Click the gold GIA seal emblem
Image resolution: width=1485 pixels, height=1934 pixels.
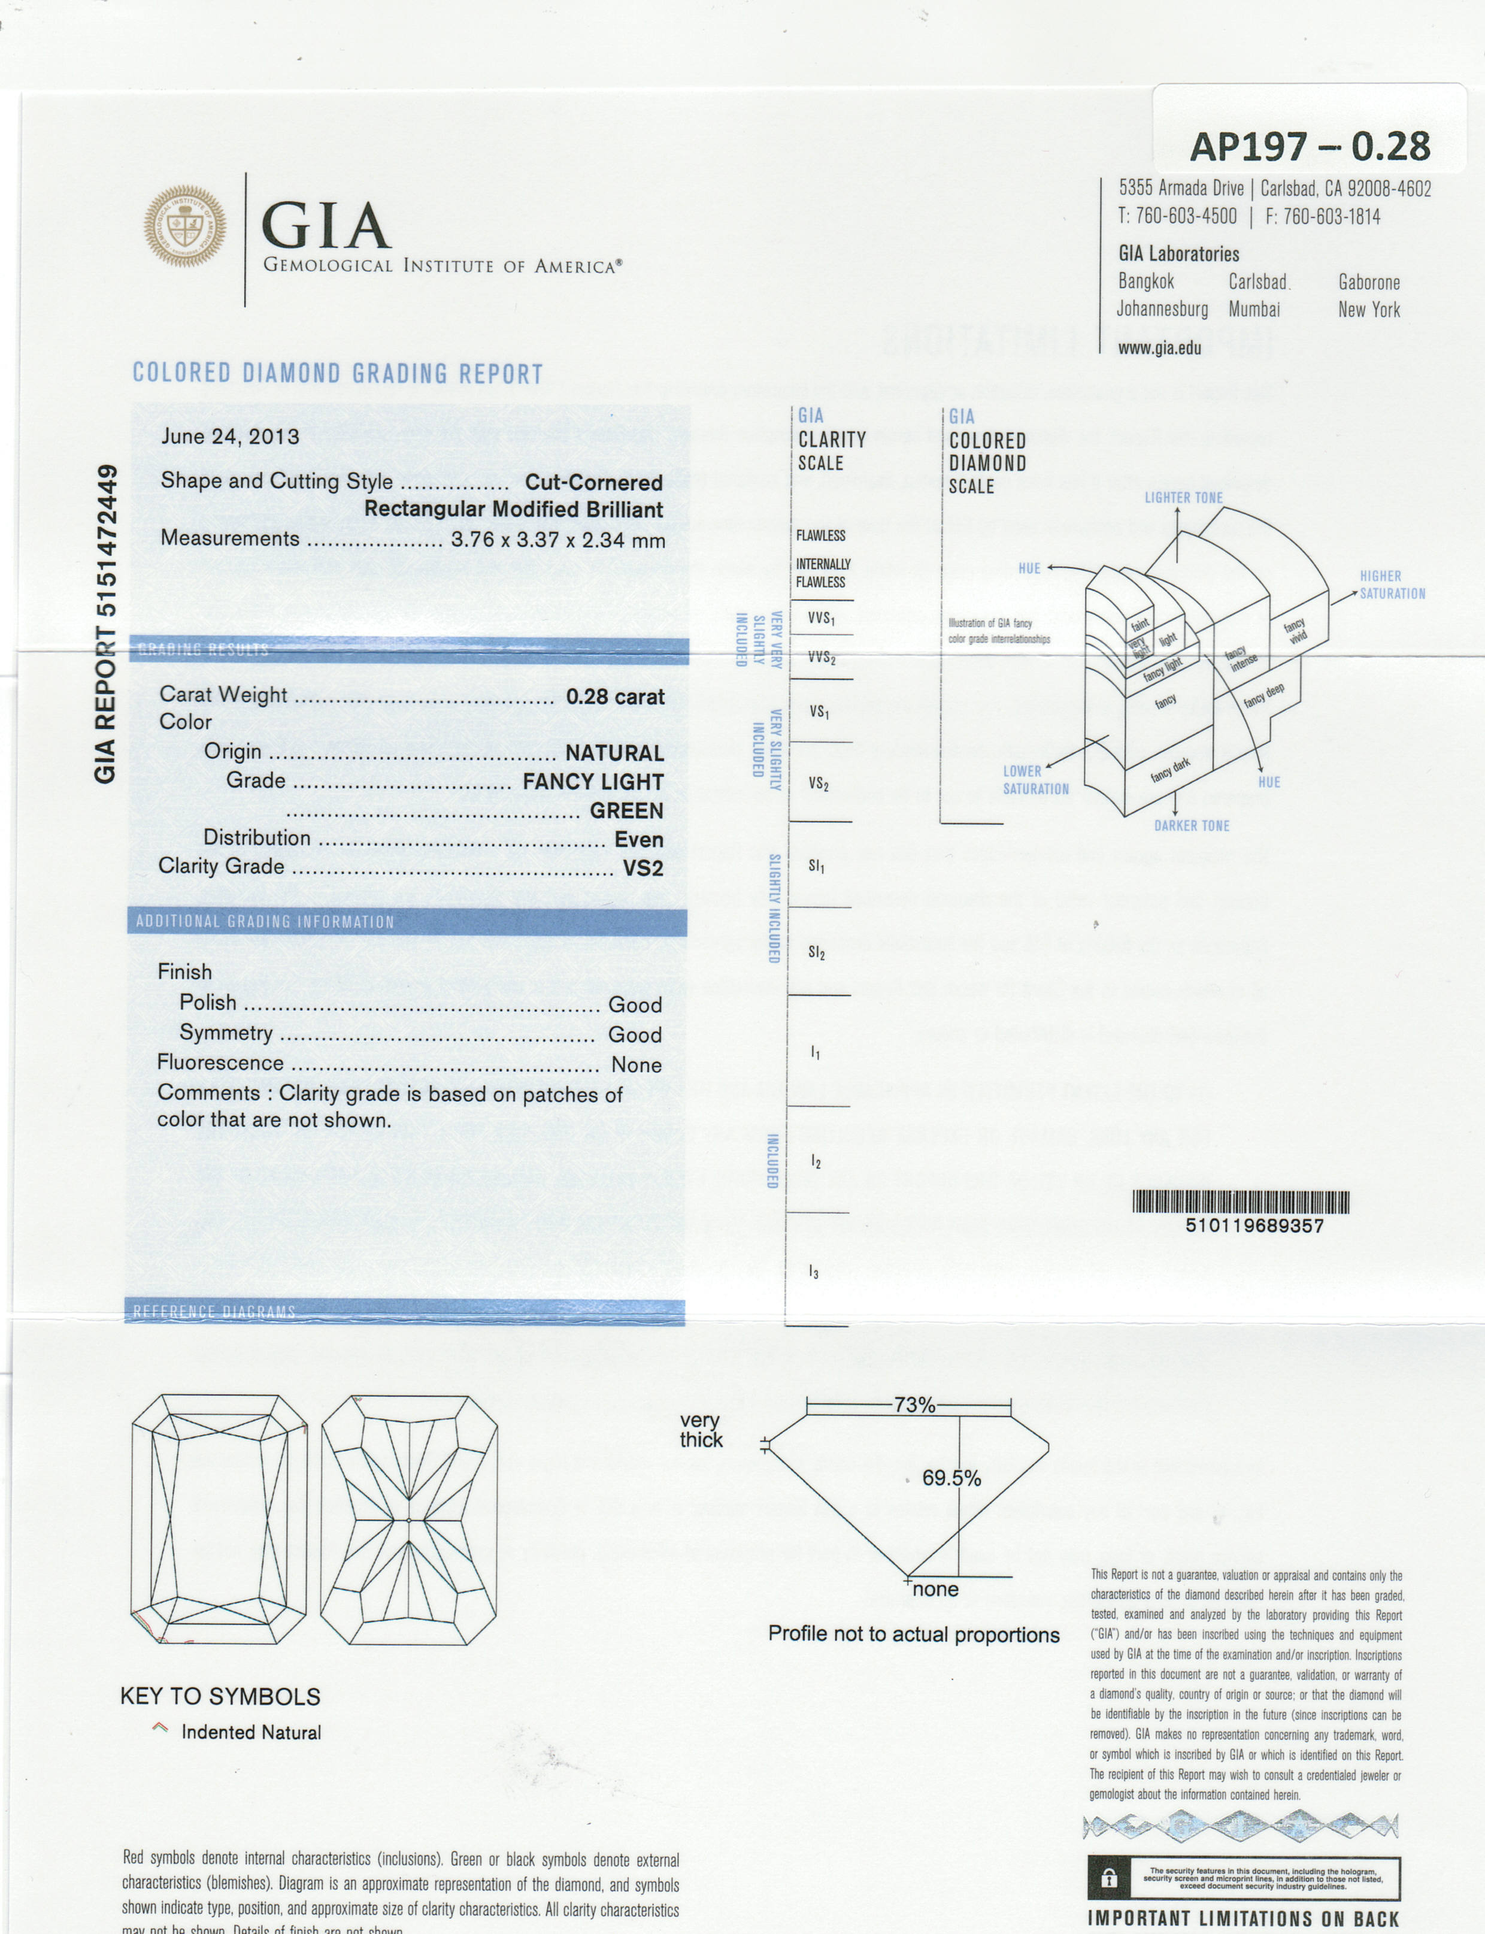[x=185, y=226]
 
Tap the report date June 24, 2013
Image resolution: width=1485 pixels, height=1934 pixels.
[x=230, y=437]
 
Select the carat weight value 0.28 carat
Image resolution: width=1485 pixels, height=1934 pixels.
[x=615, y=697]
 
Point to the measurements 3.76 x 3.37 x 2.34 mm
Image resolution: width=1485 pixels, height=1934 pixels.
[x=557, y=540]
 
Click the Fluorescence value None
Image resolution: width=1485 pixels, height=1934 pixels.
[x=637, y=1065]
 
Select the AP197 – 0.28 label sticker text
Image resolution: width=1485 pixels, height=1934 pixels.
[x=1310, y=147]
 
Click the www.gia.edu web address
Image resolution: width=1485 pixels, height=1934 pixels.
[x=1159, y=348]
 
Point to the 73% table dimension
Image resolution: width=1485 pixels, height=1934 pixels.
[x=914, y=1405]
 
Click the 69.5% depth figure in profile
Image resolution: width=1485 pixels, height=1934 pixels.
[x=951, y=1478]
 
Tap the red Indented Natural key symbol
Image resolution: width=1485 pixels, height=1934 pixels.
[x=159, y=1727]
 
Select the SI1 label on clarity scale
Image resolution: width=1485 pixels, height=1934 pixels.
[x=817, y=867]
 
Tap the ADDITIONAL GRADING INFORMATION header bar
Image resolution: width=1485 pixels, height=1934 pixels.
[x=407, y=922]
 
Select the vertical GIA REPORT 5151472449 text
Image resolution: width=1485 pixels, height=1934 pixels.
[x=106, y=623]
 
